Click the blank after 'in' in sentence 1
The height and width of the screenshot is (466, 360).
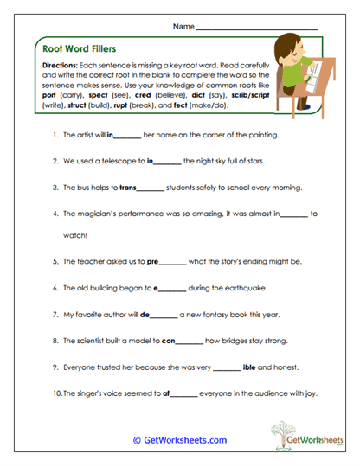[x=128, y=136]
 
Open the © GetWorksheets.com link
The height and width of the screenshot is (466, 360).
[x=179, y=440]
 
